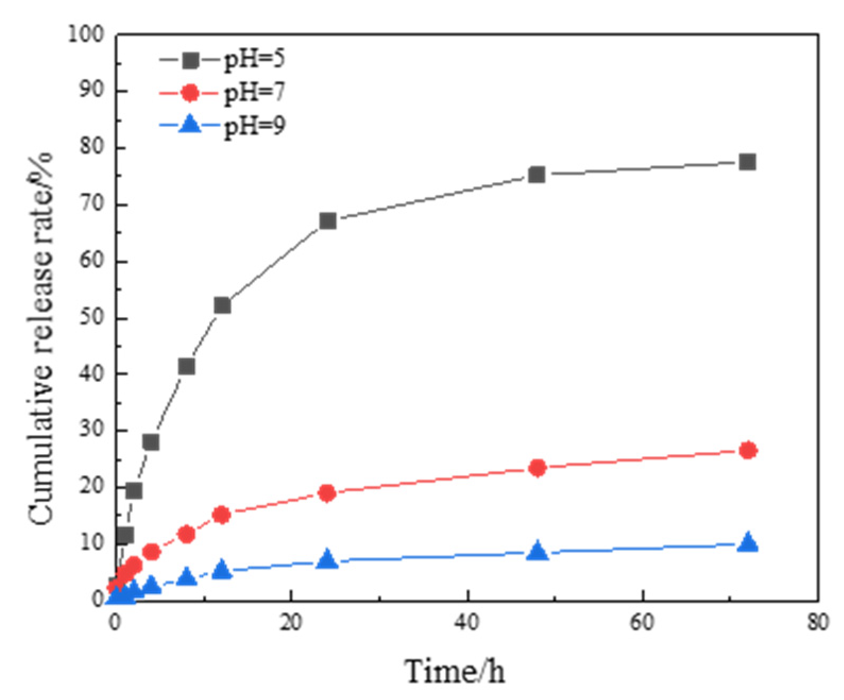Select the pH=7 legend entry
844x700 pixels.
[x=223, y=93]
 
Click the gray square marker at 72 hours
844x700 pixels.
[x=747, y=162]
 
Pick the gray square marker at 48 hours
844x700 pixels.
[x=537, y=174]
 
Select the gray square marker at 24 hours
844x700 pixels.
[x=328, y=221]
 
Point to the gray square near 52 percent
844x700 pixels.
[x=223, y=305]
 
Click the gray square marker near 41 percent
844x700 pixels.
[x=186, y=366]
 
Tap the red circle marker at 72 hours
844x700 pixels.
[x=748, y=450]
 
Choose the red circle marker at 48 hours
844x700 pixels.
[x=538, y=468]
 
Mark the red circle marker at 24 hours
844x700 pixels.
[x=327, y=493]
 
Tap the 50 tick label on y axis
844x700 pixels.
[x=91, y=318]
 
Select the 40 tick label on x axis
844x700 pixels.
[x=467, y=622]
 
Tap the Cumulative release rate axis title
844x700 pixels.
[x=41, y=340]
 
